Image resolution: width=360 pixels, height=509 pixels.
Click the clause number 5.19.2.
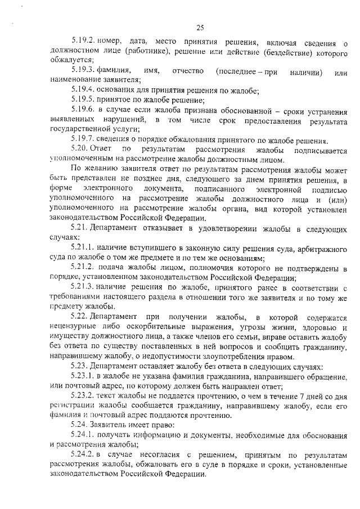(x=84, y=42)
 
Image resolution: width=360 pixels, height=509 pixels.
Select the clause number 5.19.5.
(x=84, y=99)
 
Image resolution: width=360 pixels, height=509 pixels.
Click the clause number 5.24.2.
(x=84, y=453)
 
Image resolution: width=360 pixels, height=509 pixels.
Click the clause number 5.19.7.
(x=84, y=139)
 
